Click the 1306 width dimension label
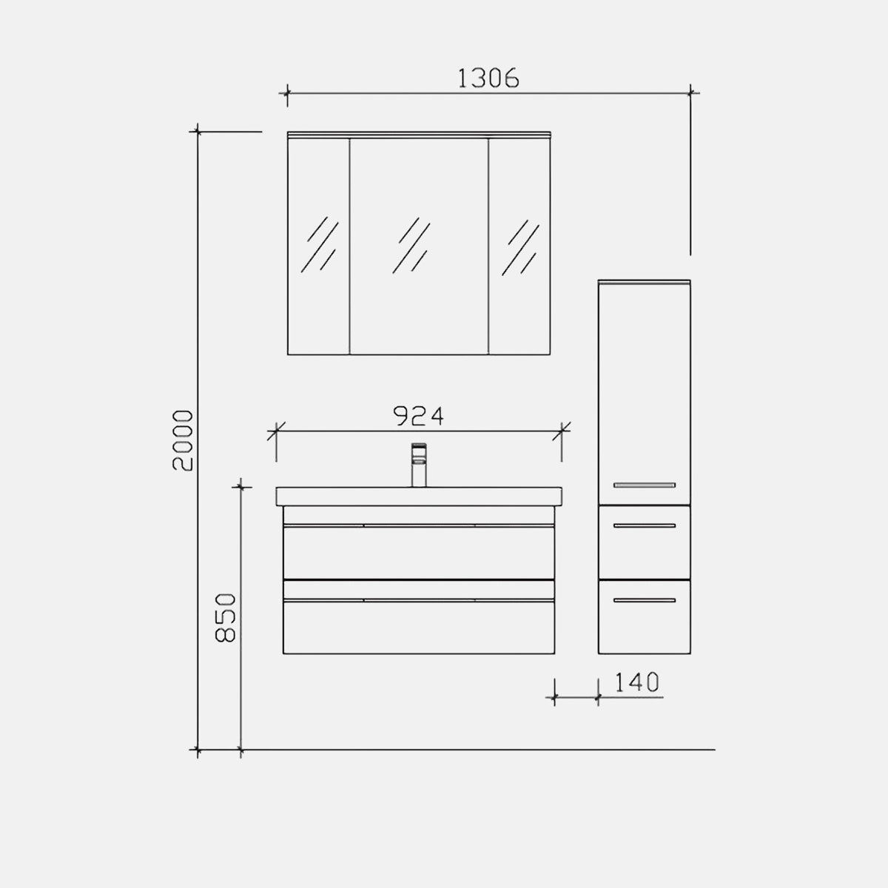point(488,78)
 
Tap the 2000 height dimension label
point(182,440)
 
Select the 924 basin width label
point(418,416)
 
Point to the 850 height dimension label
point(226,618)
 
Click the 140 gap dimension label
point(637,682)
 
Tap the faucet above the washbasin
point(419,465)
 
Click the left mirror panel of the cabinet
point(318,246)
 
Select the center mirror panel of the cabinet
point(419,246)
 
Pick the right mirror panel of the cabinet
point(519,246)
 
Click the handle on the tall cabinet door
point(645,485)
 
